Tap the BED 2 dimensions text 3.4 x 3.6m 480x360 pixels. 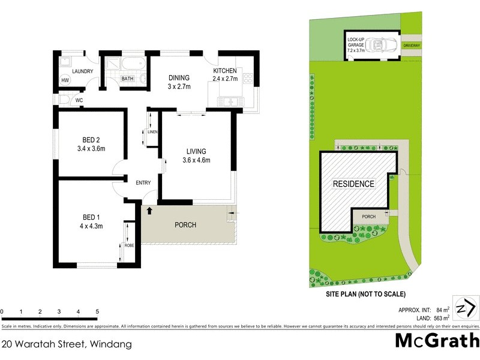(x=91, y=149)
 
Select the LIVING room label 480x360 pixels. (x=197, y=150)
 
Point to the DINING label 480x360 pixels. (x=179, y=77)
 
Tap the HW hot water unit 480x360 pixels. (x=65, y=81)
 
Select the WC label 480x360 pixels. (x=79, y=100)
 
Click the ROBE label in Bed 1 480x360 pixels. (x=129, y=245)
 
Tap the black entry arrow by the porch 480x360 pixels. (x=149, y=211)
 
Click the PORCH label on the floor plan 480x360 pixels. (x=185, y=225)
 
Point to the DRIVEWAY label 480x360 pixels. (x=412, y=45)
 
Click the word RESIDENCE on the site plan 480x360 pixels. (x=353, y=184)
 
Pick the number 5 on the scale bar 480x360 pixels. (x=97, y=311)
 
